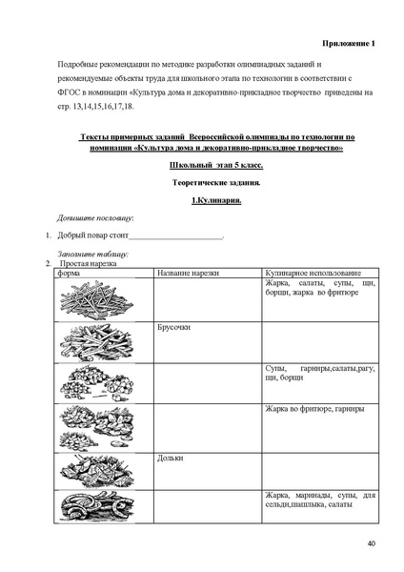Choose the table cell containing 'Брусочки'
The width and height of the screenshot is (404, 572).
[175, 328]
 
